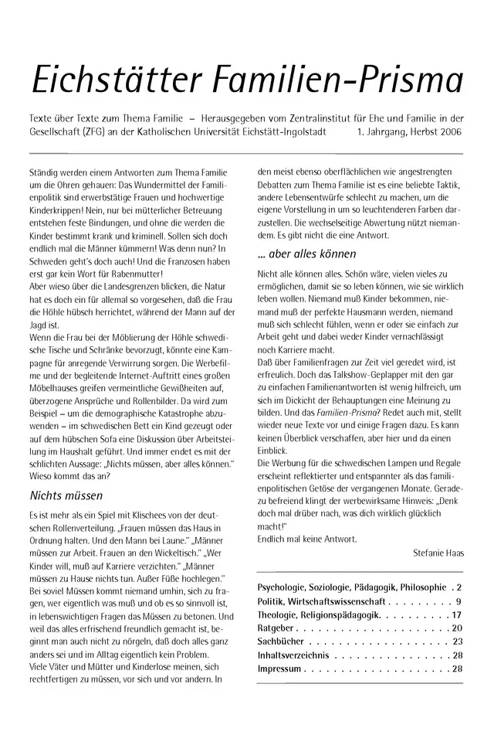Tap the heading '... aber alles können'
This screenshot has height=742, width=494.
306,253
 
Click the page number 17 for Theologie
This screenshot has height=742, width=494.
457,614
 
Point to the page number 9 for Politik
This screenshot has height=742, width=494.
459,601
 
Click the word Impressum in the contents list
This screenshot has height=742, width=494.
279,669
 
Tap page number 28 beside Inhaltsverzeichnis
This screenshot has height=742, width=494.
457,655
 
